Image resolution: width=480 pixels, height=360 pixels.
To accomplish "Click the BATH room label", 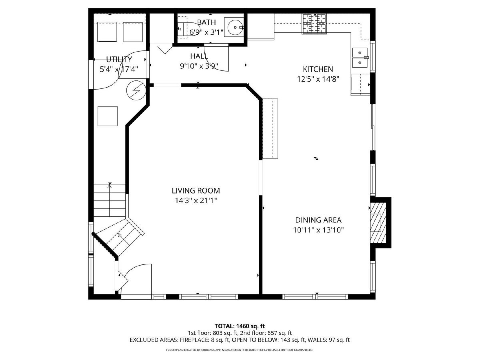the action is [206, 22].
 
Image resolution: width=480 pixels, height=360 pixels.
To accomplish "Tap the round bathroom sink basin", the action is [235, 27].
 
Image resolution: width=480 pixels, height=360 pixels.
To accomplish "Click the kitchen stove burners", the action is [314, 24].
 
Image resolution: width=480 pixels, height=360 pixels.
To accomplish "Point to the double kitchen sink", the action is [360, 58].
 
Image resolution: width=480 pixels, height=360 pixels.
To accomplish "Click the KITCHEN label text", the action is [318, 69].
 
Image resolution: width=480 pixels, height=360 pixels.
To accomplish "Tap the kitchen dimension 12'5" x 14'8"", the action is [318, 79].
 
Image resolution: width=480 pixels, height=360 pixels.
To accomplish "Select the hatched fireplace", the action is [378, 222].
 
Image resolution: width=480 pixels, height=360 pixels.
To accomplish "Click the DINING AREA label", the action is [318, 220].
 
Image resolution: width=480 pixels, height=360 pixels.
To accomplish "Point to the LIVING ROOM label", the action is [196, 191].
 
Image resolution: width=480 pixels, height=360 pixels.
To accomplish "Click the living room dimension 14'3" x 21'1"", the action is [196, 200].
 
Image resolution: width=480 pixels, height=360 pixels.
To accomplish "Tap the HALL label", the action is [199, 56].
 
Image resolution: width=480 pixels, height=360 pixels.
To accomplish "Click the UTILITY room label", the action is [119, 59].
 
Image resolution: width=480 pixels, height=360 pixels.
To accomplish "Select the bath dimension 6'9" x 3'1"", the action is [206, 32].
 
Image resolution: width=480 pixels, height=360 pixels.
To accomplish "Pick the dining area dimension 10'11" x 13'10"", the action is [318, 230].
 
